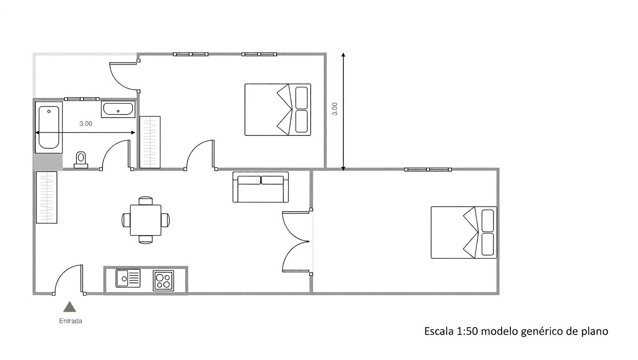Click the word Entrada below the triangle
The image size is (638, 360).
coord(71,321)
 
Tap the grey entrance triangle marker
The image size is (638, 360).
coord(69,307)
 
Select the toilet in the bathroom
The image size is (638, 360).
coord(81,160)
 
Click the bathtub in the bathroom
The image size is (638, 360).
coord(49,127)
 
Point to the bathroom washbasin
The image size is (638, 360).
coord(118,109)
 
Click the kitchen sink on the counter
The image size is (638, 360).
coord(128,278)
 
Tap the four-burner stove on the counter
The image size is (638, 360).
coord(163,281)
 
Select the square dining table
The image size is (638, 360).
coord(145,220)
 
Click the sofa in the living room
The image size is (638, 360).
coord(261,187)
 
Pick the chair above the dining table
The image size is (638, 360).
coord(145,201)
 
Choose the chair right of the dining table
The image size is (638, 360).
coord(165,220)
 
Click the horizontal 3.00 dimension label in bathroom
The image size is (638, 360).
coord(86,123)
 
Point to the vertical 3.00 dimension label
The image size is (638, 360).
coord(335,109)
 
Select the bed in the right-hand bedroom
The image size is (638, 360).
coord(464,232)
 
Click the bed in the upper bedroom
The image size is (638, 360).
coord(278,110)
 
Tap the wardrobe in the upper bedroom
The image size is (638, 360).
coord(150,142)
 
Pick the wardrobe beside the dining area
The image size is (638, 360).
coord(46,197)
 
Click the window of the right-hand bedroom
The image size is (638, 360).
coord(428,170)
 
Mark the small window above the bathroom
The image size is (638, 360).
coord(82,99)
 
